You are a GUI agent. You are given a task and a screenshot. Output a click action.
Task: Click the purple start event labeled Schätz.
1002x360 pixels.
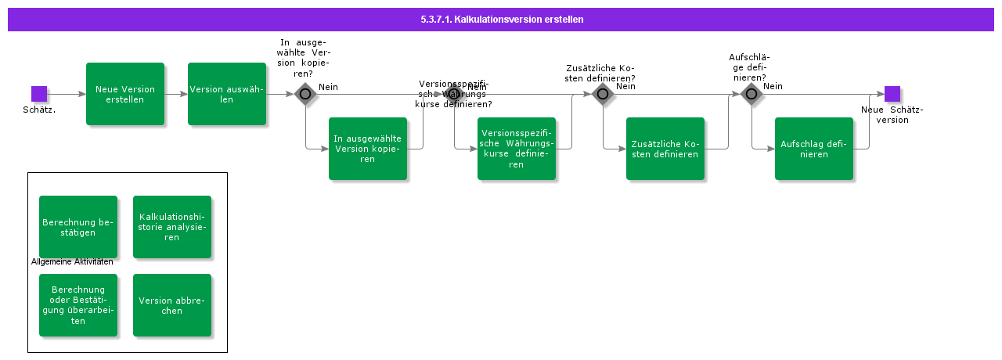click(x=39, y=94)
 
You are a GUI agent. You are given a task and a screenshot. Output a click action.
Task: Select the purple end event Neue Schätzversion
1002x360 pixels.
click(x=892, y=94)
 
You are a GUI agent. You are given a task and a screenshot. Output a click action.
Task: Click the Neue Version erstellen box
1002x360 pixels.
click(x=125, y=94)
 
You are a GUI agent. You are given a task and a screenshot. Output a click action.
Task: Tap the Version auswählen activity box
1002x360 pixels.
click(x=227, y=94)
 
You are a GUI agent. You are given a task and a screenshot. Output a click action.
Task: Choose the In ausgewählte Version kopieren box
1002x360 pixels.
click(x=368, y=149)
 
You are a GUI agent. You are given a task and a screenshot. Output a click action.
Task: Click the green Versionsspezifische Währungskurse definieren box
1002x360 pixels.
click(x=517, y=149)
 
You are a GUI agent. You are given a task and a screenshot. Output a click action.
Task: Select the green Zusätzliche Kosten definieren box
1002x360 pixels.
click(x=665, y=149)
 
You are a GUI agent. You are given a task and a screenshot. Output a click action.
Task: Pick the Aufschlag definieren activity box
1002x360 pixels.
click(x=814, y=149)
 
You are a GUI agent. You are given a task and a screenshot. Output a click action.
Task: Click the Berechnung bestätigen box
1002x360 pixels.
click(x=78, y=227)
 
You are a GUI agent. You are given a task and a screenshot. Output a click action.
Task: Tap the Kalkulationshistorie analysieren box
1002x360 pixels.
click(x=172, y=227)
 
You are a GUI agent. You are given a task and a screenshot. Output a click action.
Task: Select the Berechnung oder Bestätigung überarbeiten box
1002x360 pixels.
click(x=78, y=305)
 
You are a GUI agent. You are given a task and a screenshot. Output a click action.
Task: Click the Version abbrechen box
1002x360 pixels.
click(x=172, y=305)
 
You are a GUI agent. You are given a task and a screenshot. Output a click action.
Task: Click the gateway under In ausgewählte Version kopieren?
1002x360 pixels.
click(x=305, y=94)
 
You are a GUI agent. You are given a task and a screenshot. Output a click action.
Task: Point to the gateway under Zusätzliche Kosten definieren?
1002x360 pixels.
click(x=603, y=94)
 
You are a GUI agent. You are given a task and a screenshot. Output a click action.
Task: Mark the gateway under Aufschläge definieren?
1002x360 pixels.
click(x=751, y=94)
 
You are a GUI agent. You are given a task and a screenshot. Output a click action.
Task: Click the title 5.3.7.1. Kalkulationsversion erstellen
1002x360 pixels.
click(x=501, y=19)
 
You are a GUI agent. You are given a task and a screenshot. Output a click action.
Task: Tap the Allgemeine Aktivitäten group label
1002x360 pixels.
click(x=72, y=261)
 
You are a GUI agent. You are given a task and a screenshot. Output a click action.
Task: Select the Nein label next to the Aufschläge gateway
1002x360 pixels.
click(x=773, y=86)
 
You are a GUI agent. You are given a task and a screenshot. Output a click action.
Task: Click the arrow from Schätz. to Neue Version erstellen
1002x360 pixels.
click(x=67, y=94)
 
